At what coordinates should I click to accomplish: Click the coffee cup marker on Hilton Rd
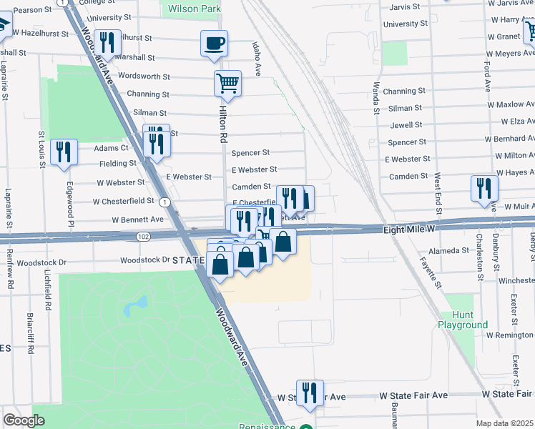[214, 44]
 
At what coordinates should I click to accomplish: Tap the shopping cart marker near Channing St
[227, 84]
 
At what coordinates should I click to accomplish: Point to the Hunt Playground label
[463, 320]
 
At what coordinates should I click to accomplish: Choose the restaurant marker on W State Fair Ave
[310, 393]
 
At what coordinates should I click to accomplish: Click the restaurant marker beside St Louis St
[65, 152]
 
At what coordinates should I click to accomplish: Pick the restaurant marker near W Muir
[484, 189]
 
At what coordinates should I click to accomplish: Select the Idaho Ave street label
[255, 57]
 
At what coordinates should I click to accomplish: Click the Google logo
[24, 420]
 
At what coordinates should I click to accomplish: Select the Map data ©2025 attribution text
[504, 423]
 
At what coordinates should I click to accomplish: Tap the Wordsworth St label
[144, 76]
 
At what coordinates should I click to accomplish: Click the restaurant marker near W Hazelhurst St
[107, 43]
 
